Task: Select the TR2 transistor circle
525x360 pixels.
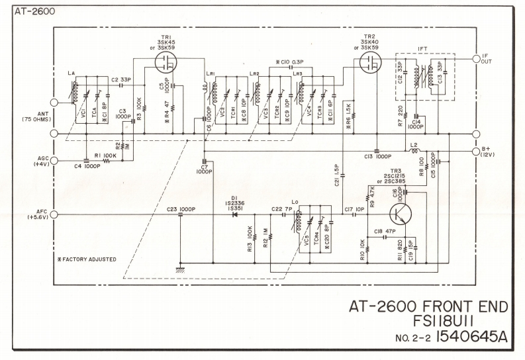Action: tap(365, 64)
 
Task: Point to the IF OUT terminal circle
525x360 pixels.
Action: tap(475, 59)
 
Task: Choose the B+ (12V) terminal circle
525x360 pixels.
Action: tap(475, 151)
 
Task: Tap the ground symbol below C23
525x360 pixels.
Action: tap(179, 269)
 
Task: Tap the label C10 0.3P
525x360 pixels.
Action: tap(288, 61)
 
